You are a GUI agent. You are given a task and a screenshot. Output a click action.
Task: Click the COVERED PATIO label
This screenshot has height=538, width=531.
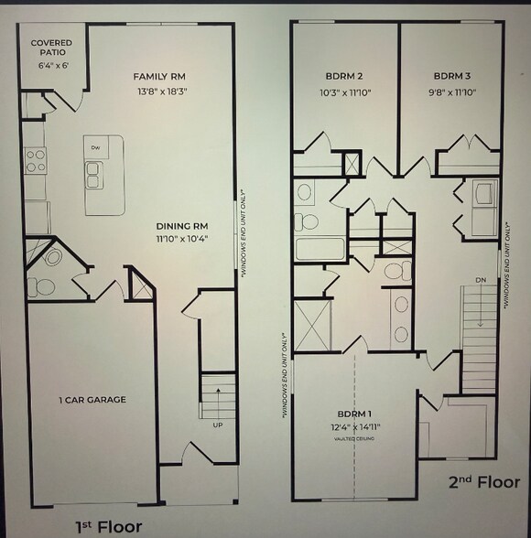tap(52, 48)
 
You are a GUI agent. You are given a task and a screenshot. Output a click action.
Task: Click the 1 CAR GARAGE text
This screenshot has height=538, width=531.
tap(92, 399)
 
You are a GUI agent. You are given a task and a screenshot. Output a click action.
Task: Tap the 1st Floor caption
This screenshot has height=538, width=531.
tap(108, 526)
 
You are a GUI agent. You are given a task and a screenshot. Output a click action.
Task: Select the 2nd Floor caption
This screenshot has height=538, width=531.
tap(483, 481)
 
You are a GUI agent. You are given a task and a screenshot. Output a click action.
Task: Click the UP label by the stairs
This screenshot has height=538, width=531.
tap(219, 425)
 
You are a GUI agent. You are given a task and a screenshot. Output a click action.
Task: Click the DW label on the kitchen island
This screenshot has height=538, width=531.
tap(95, 147)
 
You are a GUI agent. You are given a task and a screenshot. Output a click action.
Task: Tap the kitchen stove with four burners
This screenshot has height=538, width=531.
tap(36, 161)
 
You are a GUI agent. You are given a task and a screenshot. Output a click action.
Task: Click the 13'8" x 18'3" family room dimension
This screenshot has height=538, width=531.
tap(163, 91)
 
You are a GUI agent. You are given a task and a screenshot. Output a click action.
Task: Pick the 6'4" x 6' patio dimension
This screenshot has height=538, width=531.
tap(52, 65)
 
